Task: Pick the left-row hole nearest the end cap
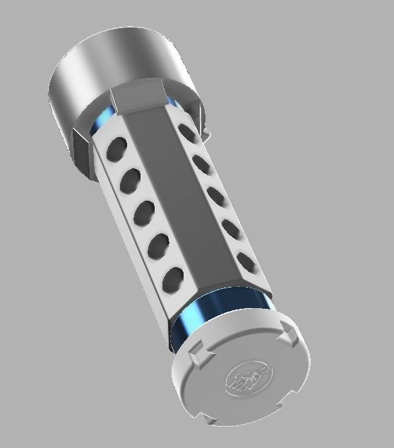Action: pyautogui.click(x=174, y=280)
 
